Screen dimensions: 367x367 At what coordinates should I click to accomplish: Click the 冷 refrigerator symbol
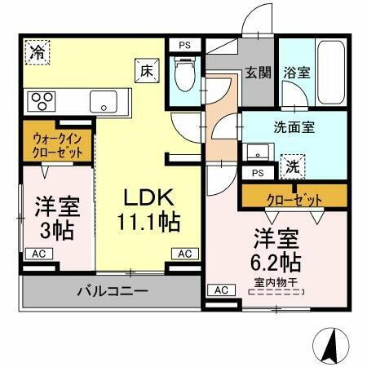point(38,53)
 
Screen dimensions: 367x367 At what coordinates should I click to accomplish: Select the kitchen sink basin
point(104,102)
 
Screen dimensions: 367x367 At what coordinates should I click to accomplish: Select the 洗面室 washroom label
point(294,128)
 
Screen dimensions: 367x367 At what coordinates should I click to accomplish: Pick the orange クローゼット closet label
point(293,198)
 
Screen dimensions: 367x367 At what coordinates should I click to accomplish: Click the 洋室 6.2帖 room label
point(275,250)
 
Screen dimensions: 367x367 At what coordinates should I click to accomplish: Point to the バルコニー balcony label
point(112,290)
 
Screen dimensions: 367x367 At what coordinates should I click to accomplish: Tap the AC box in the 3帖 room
point(39,254)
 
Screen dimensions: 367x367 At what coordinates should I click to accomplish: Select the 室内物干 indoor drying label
point(275,284)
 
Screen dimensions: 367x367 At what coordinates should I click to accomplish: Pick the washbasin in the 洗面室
point(259,153)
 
